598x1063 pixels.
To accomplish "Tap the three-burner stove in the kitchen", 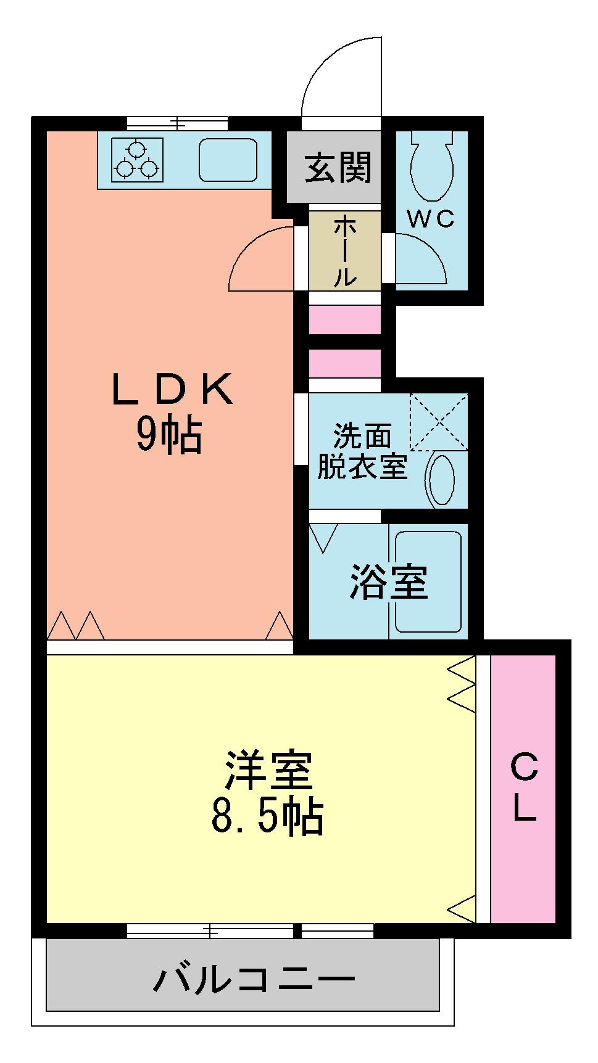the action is click(x=138, y=160).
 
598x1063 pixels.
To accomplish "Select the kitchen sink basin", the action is click(x=228, y=160).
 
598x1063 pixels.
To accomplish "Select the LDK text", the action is click(x=172, y=388).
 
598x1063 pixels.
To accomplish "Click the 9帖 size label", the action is click(x=168, y=437).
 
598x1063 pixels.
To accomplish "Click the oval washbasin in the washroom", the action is click(x=442, y=479).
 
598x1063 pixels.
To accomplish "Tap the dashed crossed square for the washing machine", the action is click(x=439, y=422).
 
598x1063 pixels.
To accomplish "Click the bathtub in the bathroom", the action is click(x=428, y=581).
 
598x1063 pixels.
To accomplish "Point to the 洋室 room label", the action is click(x=268, y=770).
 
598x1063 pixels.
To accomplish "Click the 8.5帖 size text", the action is click(x=267, y=817).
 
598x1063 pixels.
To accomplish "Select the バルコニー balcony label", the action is click(x=255, y=979).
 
